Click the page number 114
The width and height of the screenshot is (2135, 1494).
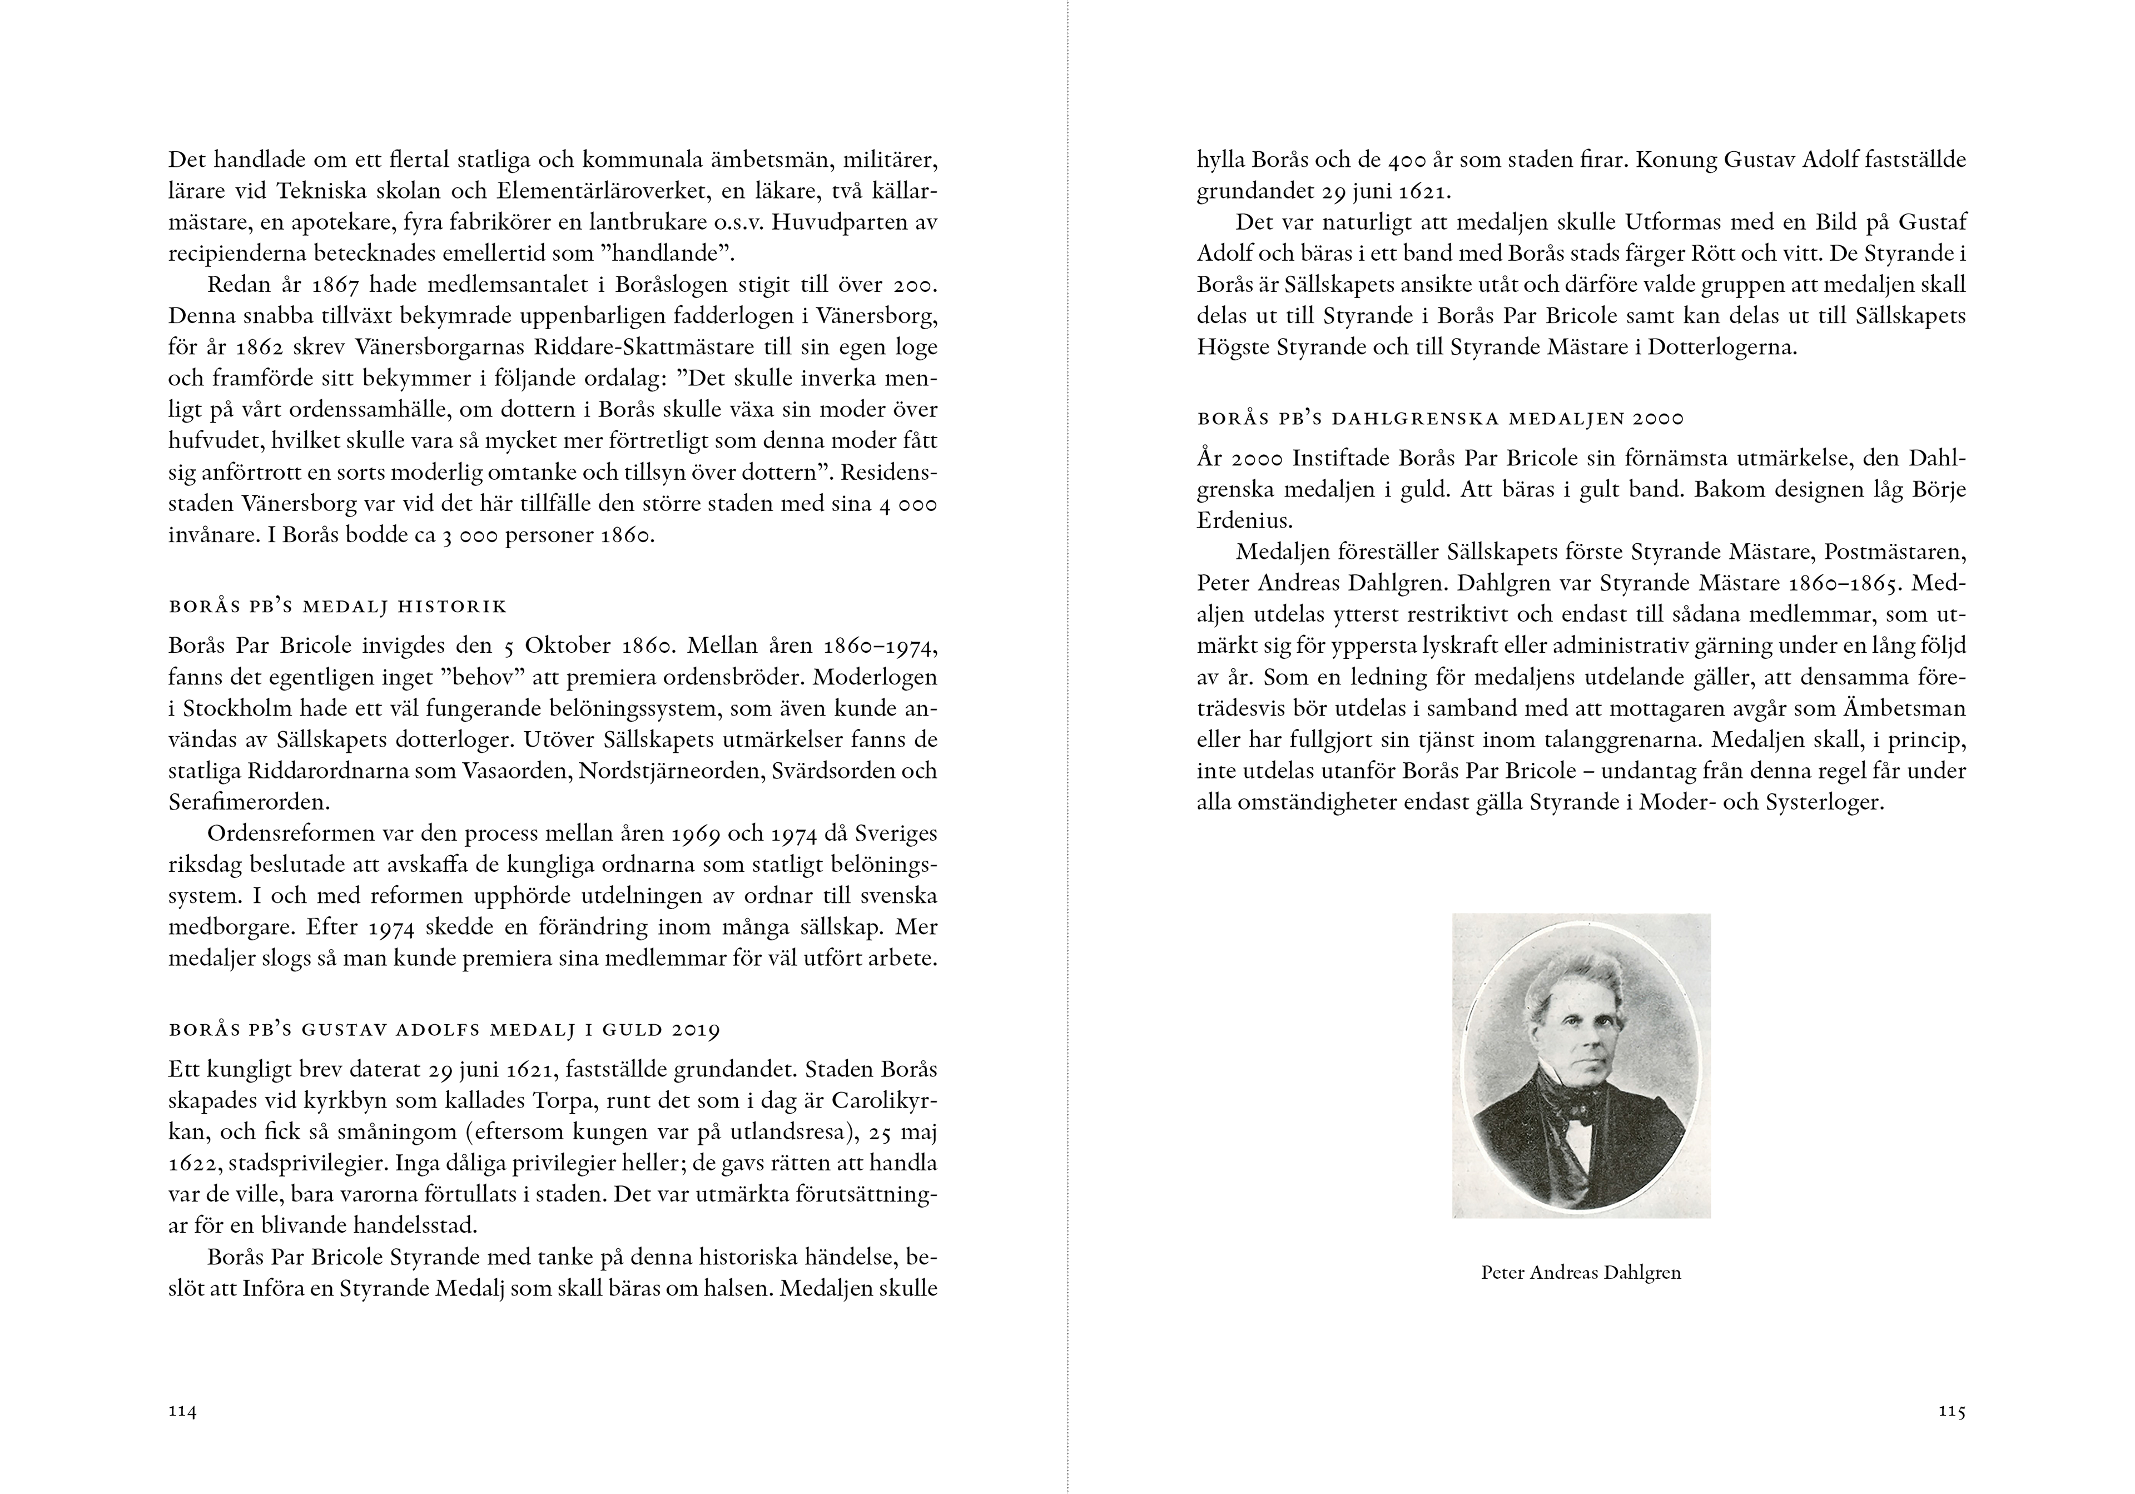tap(182, 1411)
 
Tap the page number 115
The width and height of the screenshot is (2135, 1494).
tap(1952, 1411)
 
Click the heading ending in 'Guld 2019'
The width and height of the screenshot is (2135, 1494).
tap(444, 1030)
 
